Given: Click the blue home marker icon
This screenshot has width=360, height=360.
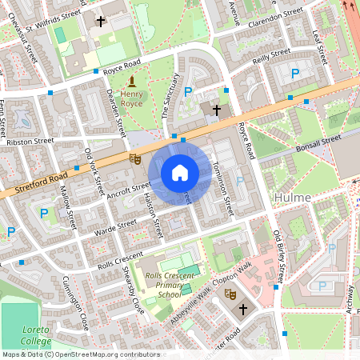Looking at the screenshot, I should pyautogui.click(x=180, y=173).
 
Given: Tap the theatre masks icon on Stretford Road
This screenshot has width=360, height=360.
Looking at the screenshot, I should pyautogui.click(x=136, y=159).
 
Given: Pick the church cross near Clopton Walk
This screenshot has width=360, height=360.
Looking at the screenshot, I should pyautogui.click(x=243, y=309).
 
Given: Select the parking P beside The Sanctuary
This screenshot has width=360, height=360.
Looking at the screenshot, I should pyautogui.click(x=189, y=92).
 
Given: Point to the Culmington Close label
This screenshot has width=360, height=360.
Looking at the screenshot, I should pyautogui.click(x=74, y=305).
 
